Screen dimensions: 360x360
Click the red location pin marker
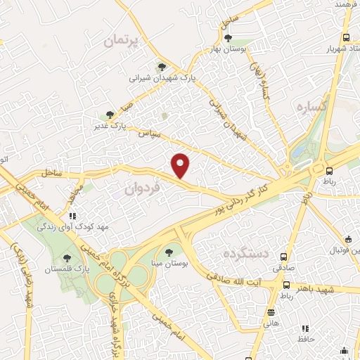181,165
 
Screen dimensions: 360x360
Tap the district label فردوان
143,188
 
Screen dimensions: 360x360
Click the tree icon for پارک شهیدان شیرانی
162,67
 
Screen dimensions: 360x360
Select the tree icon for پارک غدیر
109,115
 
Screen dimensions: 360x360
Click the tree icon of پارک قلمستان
67,258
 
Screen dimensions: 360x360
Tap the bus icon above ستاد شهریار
345,38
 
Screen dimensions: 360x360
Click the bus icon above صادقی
284,257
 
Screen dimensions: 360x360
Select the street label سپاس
149,131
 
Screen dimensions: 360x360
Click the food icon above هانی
271,311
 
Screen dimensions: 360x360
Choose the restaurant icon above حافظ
305,328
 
